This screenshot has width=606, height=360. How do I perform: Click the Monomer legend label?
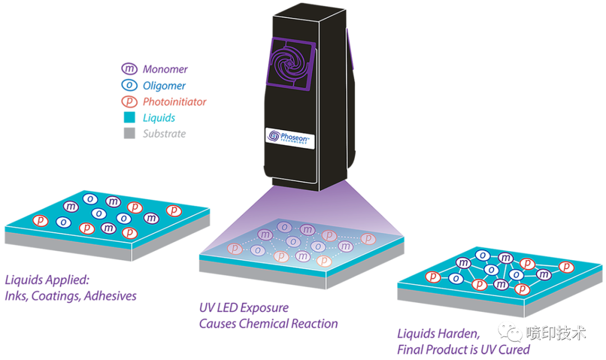164,70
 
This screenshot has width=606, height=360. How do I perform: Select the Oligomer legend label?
163,86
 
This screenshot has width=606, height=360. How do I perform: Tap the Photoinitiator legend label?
174,102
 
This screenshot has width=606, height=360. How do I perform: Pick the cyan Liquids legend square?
130,118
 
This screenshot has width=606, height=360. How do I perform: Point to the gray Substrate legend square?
130,134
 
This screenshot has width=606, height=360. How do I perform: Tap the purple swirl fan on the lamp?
292,62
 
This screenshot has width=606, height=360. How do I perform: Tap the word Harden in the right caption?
457,334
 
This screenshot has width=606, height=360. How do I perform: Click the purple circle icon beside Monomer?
130,69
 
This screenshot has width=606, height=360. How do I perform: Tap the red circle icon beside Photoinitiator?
130,101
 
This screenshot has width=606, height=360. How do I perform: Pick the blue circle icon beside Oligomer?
130,85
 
